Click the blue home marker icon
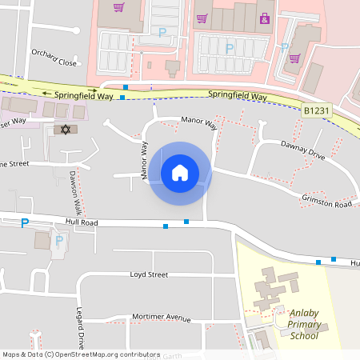[x=180, y=172]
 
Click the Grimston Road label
[x=326, y=201]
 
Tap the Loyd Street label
[x=149, y=274]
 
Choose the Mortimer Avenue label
[x=162, y=318]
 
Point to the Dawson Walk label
[x=75, y=192]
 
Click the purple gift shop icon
[x=265, y=18]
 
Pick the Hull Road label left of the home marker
[x=82, y=222]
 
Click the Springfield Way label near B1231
[x=237, y=96]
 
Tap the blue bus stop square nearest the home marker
[x=186, y=221]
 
